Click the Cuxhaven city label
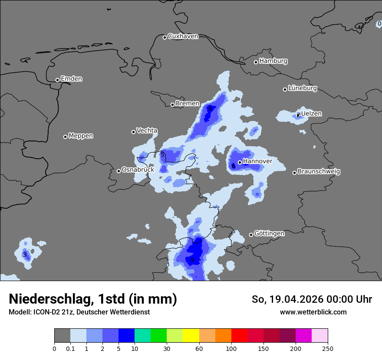(x=183, y=36)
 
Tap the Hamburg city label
(x=273, y=61)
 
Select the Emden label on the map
(x=71, y=79)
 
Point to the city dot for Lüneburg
(x=285, y=89)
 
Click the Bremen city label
(x=188, y=104)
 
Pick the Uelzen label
(x=311, y=114)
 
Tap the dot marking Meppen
(x=66, y=137)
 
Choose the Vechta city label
(x=147, y=131)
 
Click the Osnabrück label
(x=138, y=170)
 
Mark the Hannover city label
(x=257, y=161)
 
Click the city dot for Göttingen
(x=251, y=235)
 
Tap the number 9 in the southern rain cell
(x=192, y=260)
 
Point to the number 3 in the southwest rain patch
(x=25, y=255)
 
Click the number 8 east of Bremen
(x=210, y=108)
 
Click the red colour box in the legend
(x=239, y=336)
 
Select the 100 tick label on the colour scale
(x=231, y=348)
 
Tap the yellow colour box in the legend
(x=191, y=336)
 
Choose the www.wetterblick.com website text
(x=313, y=312)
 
